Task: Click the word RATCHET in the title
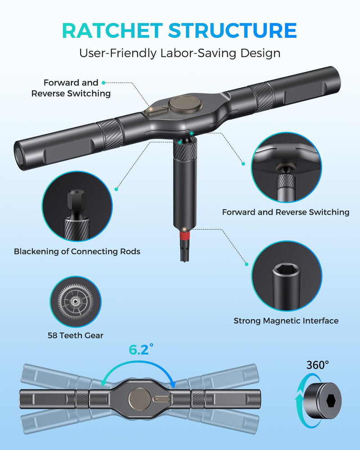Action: tap(112, 31)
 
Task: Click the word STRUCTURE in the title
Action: tap(232, 31)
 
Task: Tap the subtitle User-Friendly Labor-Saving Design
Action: tap(180, 54)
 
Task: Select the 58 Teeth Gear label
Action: tap(76, 335)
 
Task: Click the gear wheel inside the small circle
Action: tap(75, 301)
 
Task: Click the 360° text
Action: tap(318, 365)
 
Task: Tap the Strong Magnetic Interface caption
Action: tap(286, 320)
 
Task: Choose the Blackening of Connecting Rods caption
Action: tap(77, 252)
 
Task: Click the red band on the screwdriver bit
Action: tap(185, 236)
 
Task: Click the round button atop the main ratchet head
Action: tap(185, 103)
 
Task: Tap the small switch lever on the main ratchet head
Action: tap(157, 110)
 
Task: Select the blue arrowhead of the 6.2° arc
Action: tap(172, 384)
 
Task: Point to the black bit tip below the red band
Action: tap(185, 251)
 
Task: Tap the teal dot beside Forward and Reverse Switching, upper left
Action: tap(103, 83)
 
